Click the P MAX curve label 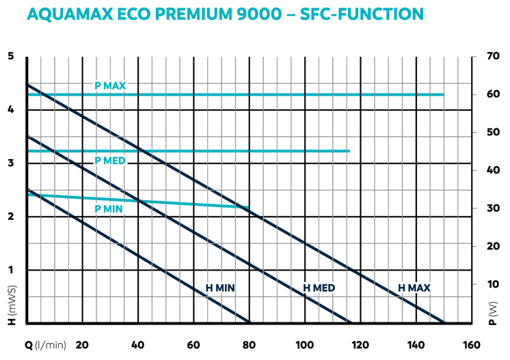coord(110,86)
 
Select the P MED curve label coord(110,161)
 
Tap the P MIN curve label coord(108,209)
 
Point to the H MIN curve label coord(220,288)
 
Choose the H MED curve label coord(319,288)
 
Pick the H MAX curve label coord(414,288)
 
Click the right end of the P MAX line coord(443,94)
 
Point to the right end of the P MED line coord(349,151)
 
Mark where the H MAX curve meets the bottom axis coord(444,322)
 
